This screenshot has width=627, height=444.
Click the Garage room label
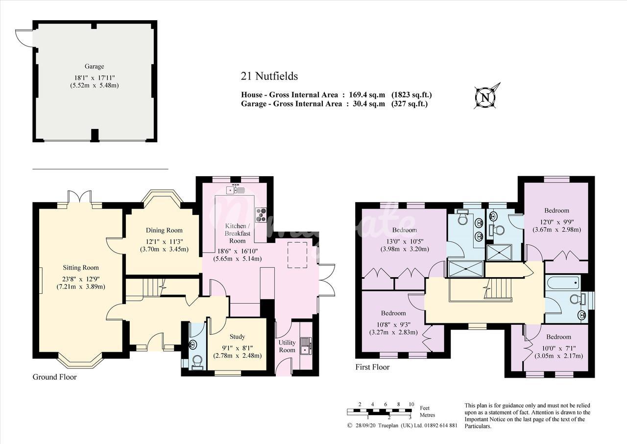tap(95, 66)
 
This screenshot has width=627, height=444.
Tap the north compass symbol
tap(487, 96)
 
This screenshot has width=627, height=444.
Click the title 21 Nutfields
tap(269, 76)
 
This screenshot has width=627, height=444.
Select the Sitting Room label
tap(81, 268)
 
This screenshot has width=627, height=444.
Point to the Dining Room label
tap(164, 231)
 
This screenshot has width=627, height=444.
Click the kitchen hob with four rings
tap(261, 215)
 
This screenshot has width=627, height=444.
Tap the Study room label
tap(237, 337)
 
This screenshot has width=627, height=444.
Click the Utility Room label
tap(287, 346)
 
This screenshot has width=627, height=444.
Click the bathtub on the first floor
tap(563, 283)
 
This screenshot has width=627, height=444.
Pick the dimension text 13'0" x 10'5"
tap(405, 241)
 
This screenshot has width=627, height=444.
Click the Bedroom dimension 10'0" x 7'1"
tap(558, 348)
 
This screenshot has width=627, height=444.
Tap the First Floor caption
tap(372, 367)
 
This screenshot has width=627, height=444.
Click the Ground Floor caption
tap(54, 377)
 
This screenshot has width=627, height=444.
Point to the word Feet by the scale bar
tap(425, 408)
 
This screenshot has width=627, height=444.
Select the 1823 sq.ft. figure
tap(411, 95)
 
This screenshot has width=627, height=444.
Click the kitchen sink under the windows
tap(235, 189)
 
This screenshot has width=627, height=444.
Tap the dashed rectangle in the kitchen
tap(297, 255)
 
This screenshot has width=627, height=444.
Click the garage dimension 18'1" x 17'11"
tap(95, 78)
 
